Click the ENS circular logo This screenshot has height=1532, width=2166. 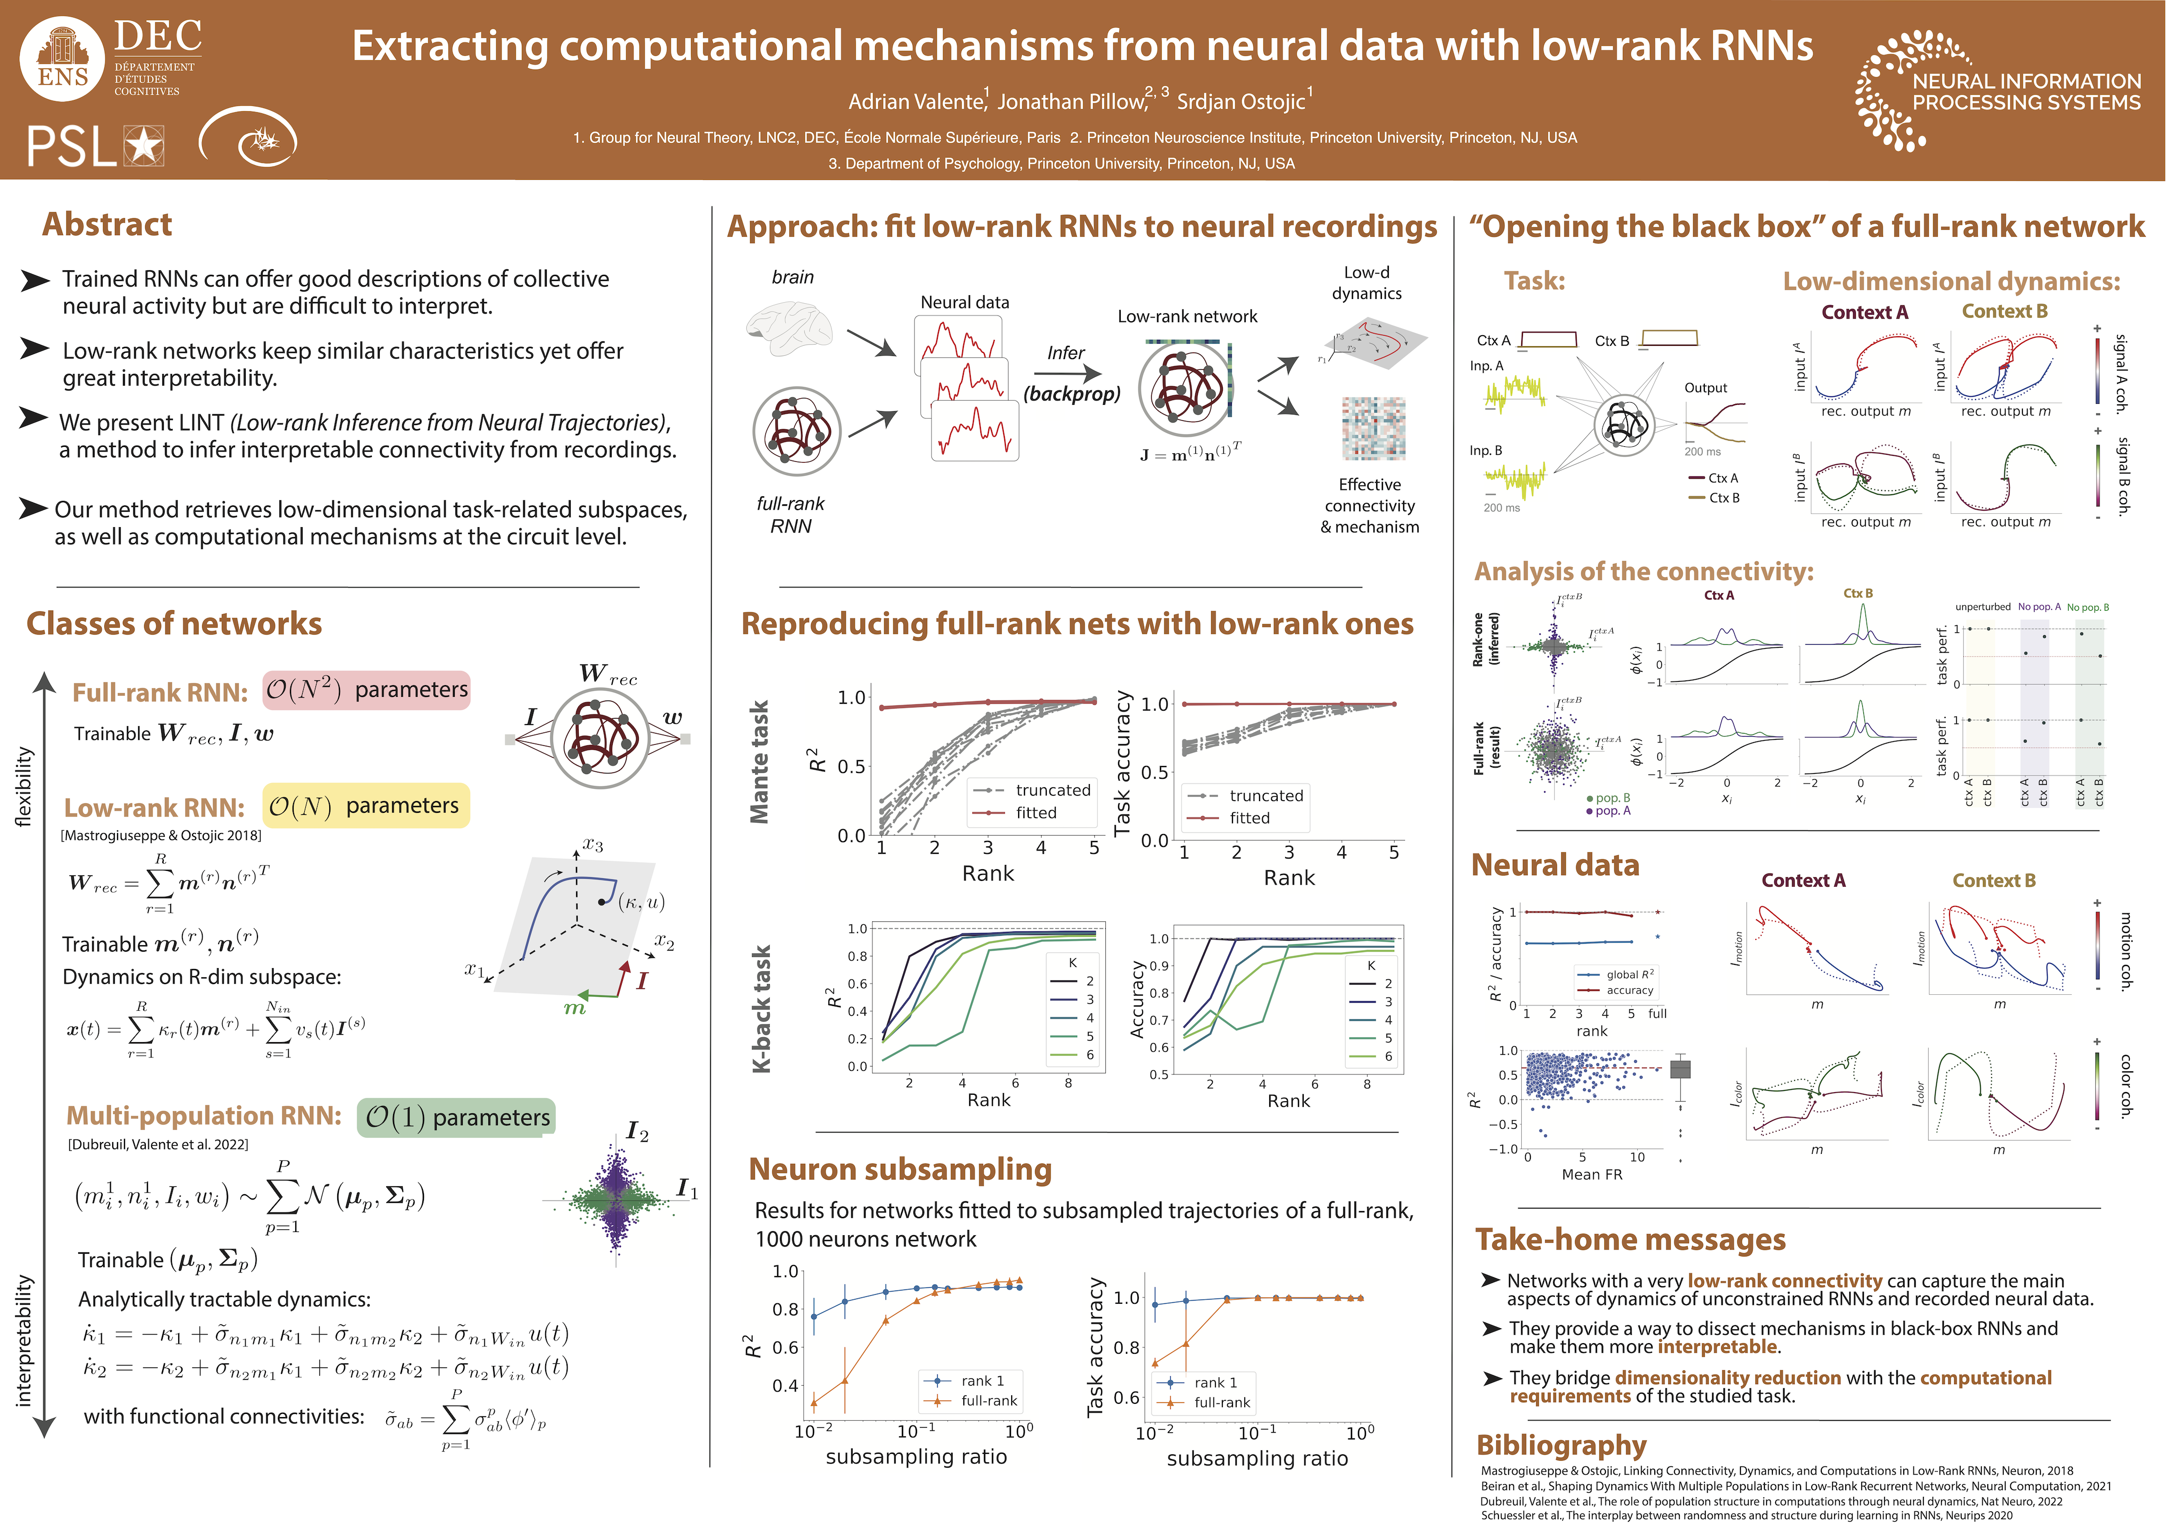tap(62, 59)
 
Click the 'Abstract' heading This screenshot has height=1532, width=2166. tap(106, 224)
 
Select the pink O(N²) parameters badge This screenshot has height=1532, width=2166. tap(366, 689)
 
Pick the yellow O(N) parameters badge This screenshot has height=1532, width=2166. tap(365, 805)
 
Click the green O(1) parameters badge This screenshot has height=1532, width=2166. tap(456, 1118)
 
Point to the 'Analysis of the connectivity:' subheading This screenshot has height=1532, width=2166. tap(1643, 572)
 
